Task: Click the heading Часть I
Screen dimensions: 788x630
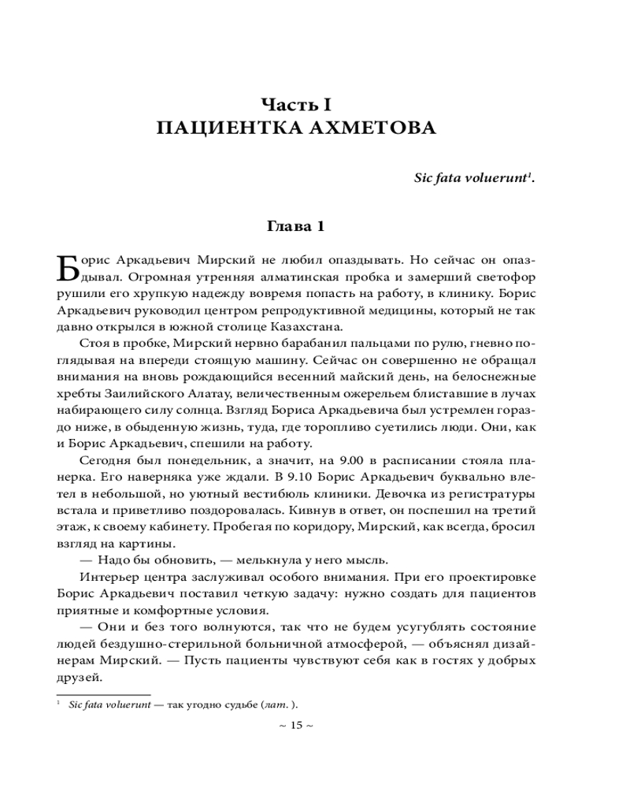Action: (295, 103)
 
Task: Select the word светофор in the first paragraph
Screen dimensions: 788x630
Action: (505, 277)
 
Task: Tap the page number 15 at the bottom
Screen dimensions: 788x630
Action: (296, 726)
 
